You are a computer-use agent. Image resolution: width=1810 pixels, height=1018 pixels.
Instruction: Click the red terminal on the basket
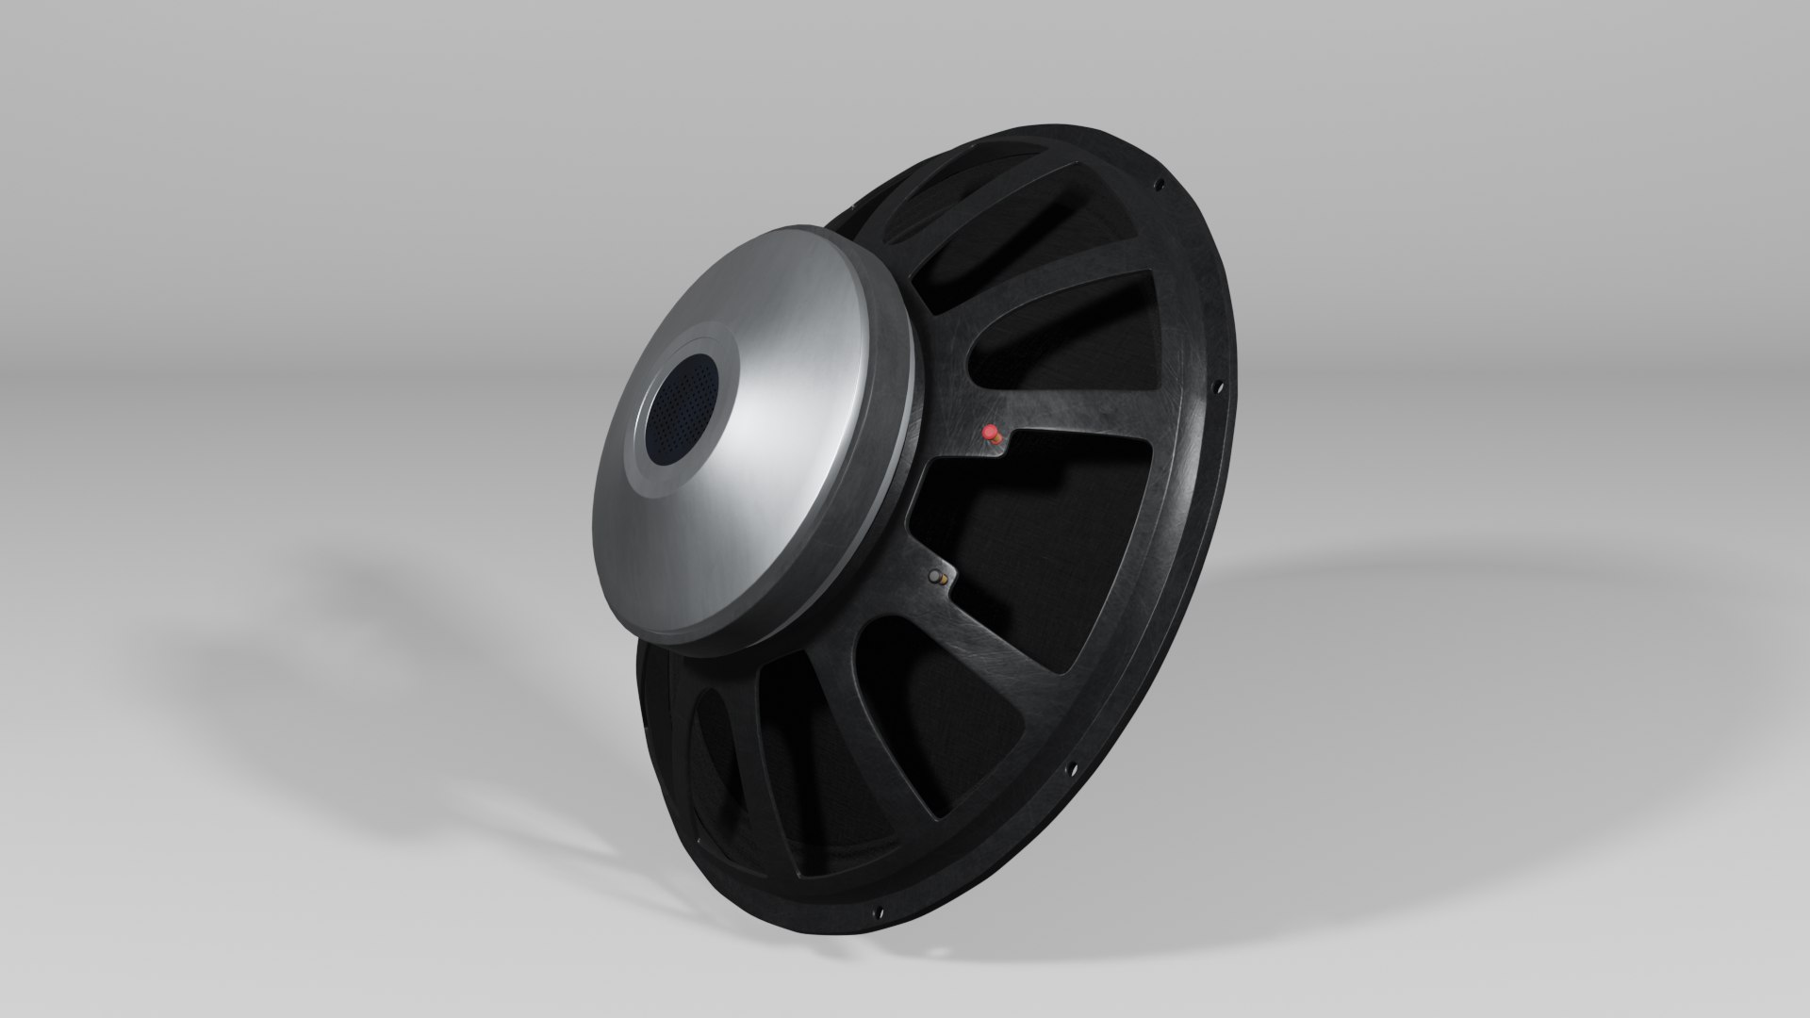coord(991,433)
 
